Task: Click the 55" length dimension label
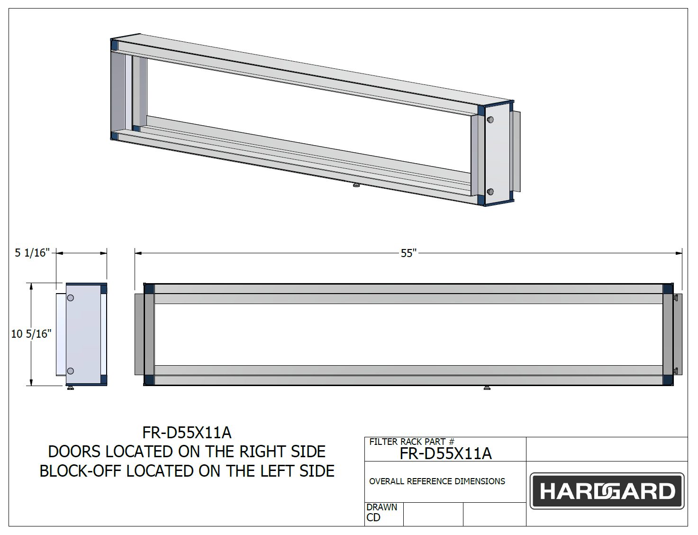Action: click(x=408, y=253)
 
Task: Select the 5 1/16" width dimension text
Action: click(x=32, y=253)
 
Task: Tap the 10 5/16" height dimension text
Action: click(x=31, y=334)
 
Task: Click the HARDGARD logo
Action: click(x=607, y=491)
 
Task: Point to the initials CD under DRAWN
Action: click(x=373, y=517)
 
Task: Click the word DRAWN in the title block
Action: click(x=381, y=507)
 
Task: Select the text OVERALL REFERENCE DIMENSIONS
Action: click(x=437, y=481)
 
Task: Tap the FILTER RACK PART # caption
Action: click(x=411, y=442)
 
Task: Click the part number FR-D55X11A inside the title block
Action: click(x=445, y=454)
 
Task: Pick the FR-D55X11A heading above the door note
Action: click(x=187, y=433)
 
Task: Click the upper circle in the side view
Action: click(x=71, y=298)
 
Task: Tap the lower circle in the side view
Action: click(x=71, y=371)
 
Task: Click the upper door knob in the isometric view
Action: click(x=490, y=120)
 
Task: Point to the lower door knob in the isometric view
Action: click(x=490, y=192)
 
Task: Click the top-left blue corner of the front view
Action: click(x=149, y=289)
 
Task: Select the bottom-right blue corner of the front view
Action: click(x=668, y=379)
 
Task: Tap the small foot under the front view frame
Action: click(x=487, y=388)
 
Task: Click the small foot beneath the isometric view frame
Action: click(x=356, y=185)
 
